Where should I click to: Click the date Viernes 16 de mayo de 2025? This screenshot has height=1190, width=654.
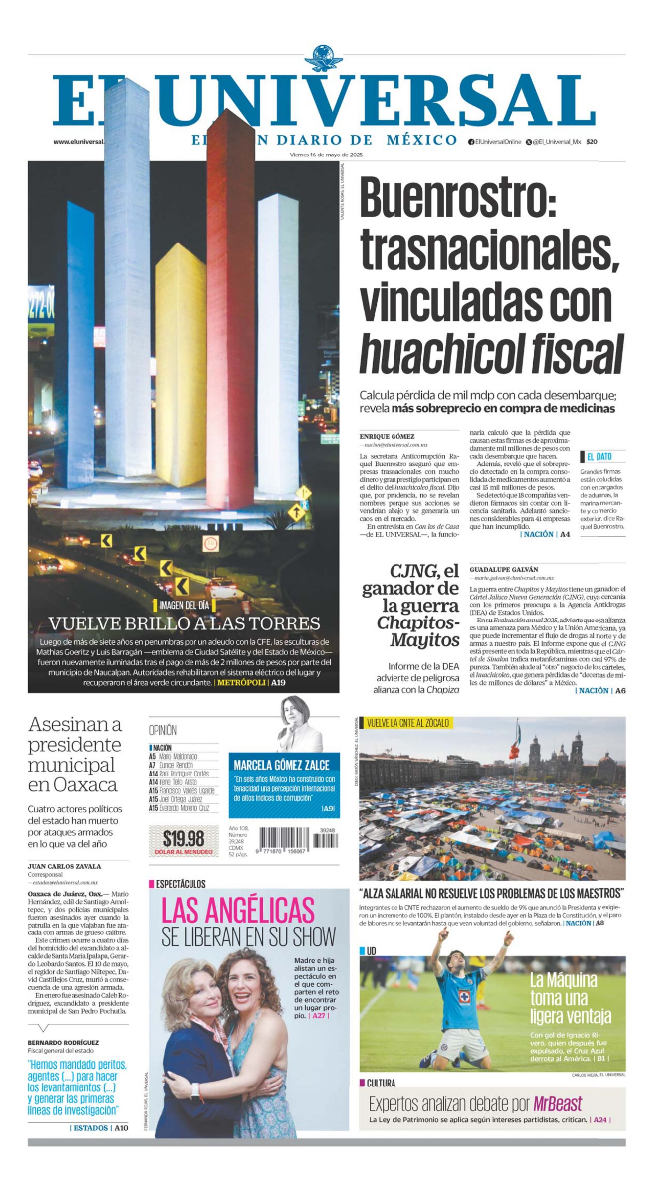pos(326,155)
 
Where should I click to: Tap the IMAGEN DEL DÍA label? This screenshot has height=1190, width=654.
pos(184,605)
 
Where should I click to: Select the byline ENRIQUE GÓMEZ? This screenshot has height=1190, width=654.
pos(386,436)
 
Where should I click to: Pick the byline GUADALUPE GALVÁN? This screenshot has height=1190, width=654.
pos(503,570)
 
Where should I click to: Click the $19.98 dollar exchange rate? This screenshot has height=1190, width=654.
pos(183,839)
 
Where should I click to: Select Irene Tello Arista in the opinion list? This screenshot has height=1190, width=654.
pos(178,782)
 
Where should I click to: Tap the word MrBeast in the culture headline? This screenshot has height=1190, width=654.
pos(557,1104)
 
